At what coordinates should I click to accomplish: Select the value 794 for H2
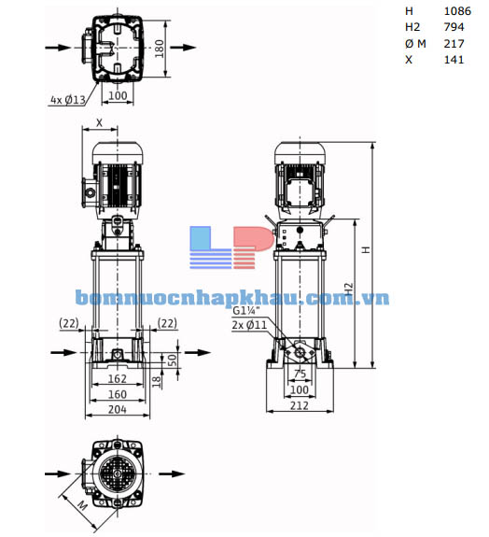tap(454, 27)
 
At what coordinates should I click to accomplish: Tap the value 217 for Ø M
tap(454, 43)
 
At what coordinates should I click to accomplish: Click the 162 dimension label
tap(117, 381)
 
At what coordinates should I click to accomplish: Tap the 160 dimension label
tap(117, 394)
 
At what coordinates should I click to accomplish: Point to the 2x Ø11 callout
tap(249, 326)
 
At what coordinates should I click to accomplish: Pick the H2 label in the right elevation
tap(348, 293)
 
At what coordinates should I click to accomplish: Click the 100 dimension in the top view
tap(117, 96)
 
